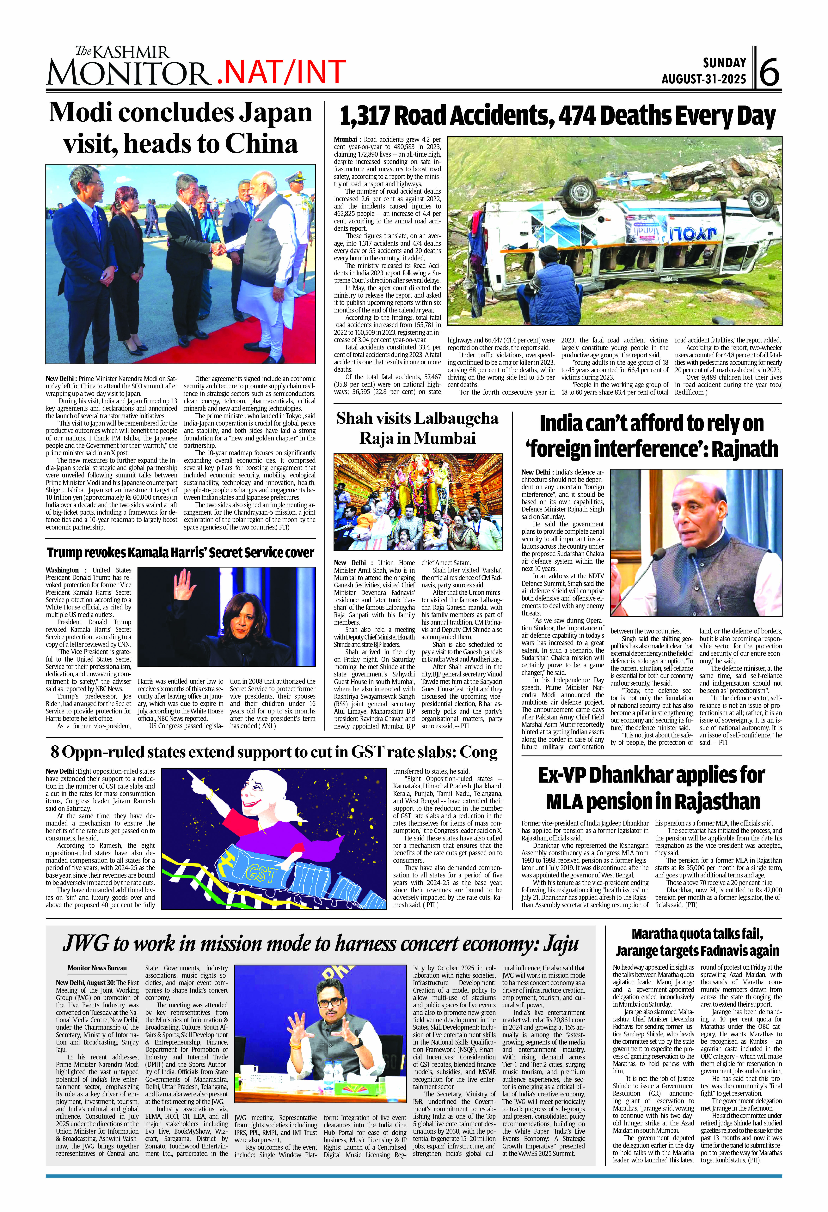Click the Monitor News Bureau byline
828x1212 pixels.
coord(97,968)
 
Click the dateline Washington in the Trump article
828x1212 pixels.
coord(62,570)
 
